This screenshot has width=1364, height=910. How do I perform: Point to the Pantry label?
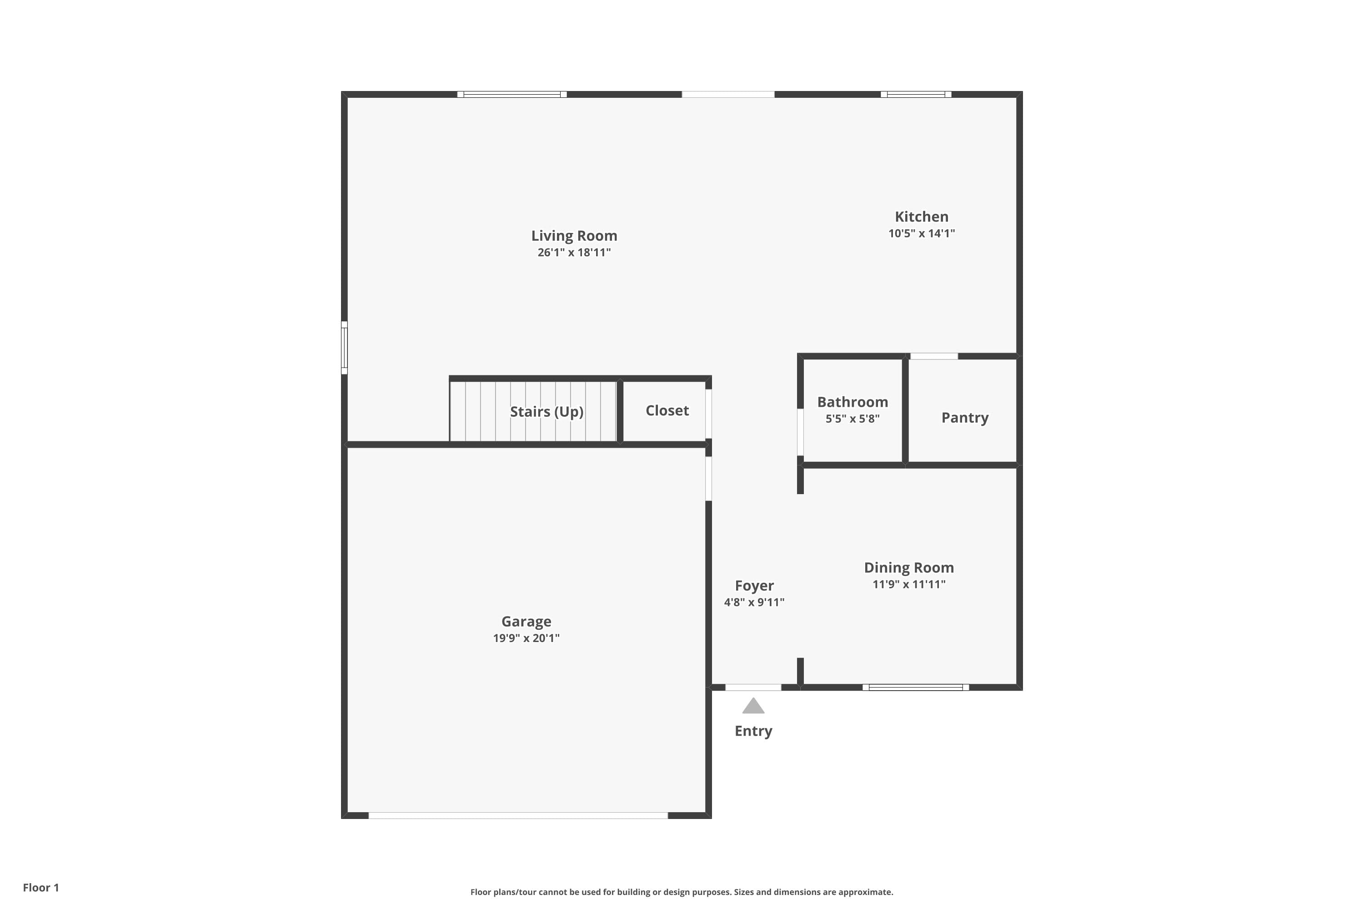[x=964, y=417]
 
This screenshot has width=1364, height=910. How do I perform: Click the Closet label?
[x=667, y=410]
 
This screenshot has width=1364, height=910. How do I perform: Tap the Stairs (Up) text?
[x=547, y=411]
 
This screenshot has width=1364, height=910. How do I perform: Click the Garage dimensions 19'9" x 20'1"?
[x=526, y=638]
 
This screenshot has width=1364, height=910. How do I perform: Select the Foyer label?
[x=754, y=586]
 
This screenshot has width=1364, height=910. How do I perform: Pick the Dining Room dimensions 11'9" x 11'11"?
[x=909, y=584]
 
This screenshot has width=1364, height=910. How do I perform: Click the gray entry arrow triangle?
[x=753, y=706]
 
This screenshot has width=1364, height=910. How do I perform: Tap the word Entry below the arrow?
[x=753, y=731]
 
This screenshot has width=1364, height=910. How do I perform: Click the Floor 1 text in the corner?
[x=40, y=887]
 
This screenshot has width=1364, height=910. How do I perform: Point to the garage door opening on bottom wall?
[x=518, y=815]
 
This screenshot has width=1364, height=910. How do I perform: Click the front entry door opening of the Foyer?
[x=753, y=687]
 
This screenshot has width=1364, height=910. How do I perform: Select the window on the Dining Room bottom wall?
[x=915, y=687]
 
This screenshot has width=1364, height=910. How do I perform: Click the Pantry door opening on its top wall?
[x=934, y=356]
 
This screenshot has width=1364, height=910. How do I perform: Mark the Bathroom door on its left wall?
[x=800, y=432]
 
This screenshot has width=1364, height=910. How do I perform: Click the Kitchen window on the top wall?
[x=916, y=94]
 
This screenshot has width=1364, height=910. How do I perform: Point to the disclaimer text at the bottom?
[x=682, y=892]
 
